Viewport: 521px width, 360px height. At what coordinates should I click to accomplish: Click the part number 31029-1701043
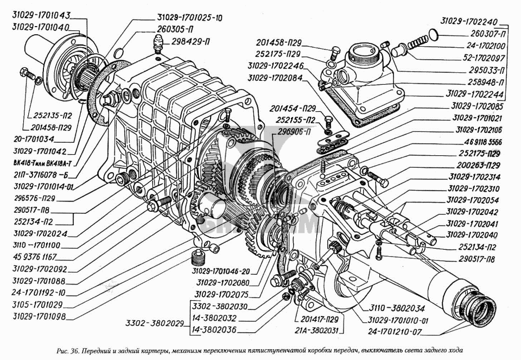[42, 15]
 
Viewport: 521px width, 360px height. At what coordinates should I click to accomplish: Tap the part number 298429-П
[190, 42]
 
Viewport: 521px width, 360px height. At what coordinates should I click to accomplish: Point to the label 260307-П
[488, 34]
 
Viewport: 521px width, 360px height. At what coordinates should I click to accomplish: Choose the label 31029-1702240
[469, 21]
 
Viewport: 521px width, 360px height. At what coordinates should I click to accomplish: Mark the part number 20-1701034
[34, 139]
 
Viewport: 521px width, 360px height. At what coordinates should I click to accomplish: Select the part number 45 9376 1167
[35, 257]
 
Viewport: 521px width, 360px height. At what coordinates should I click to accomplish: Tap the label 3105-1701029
[37, 305]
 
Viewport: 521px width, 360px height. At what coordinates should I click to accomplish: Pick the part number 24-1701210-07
[395, 332]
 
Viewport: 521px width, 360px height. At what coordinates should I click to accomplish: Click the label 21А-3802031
[316, 331]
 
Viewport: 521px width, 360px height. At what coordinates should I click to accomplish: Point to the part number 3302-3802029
[155, 323]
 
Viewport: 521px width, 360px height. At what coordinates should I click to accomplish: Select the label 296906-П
[291, 132]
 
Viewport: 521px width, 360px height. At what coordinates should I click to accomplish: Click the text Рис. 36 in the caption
[67, 350]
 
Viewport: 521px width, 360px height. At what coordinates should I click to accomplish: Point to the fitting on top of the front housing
[158, 43]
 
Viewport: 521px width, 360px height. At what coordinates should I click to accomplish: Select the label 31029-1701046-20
[221, 271]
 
